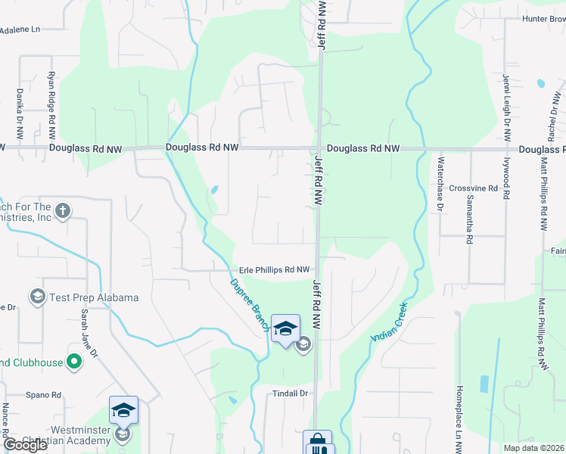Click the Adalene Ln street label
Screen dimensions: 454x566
[x=20, y=30]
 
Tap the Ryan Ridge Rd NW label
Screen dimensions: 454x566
[x=51, y=105]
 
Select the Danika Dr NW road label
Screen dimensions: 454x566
[x=20, y=112]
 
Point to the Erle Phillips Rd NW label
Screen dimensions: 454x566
[x=275, y=269]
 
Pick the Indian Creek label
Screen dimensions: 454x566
[x=389, y=323]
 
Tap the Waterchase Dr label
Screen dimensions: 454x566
[x=439, y=183]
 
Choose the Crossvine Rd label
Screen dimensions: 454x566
[x=473, y=188]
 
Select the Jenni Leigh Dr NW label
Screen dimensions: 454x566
[x=506, y=107]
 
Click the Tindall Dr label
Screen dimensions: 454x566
[x=291, y=393]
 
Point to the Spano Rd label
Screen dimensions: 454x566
[x=43, y=395]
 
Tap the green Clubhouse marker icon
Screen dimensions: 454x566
[x=73, y=362]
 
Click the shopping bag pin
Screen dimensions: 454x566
[x=317, y=441]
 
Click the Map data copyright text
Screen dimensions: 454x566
[x=533, y=448]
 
